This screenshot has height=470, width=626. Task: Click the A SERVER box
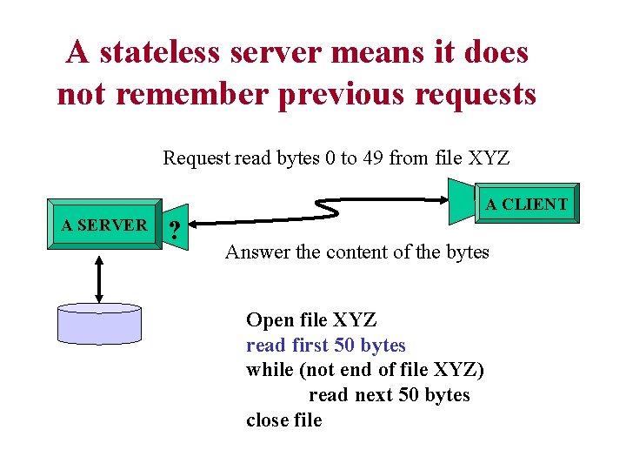click(x=103, y=225)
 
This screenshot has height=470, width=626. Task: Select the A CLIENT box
click(x=526, y=205)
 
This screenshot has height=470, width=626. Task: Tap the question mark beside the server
click(x=176, y=231)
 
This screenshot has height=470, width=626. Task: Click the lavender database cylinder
click(x=98, y=325)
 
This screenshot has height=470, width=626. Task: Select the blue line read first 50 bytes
click(x=326, y=346)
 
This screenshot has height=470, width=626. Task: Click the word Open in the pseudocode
click(x=267, y=320)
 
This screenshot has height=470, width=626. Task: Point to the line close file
click(x=284, y=420)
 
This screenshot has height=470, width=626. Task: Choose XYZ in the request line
click(x=489, y=158)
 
